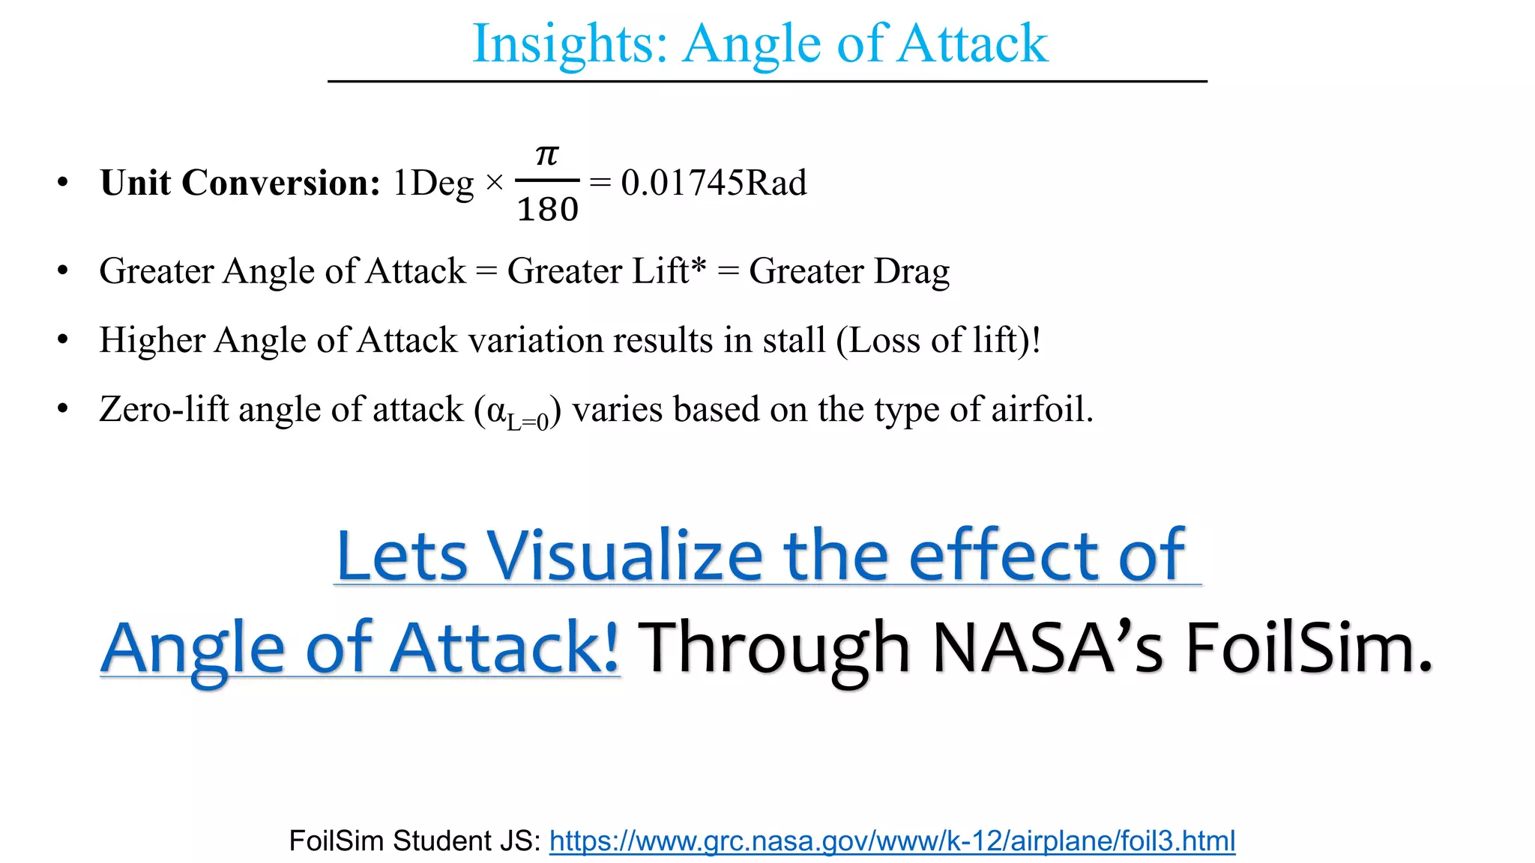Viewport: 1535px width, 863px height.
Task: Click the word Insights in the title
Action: pos(569,43)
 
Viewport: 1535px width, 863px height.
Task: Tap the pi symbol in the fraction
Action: pos(547,155)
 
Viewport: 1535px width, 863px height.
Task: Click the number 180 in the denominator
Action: pos(548,209)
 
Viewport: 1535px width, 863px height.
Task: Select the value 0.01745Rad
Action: pos(714,183)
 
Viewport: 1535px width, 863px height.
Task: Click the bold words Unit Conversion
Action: pos(241,183)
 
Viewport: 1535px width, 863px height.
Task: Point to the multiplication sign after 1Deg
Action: pos(495,183)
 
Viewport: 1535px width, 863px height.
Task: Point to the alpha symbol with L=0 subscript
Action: pos(517,412)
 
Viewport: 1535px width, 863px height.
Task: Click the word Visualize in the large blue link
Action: pos(625,556)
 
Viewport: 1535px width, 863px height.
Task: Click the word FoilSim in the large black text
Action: pos(1309,647)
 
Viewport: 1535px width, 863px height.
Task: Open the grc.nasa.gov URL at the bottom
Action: pos(892,841)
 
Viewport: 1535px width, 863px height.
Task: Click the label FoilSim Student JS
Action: pos(414,841)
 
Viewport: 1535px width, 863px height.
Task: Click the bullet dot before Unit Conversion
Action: pos(63,182)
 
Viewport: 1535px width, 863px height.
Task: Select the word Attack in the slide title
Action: pos(972,43)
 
